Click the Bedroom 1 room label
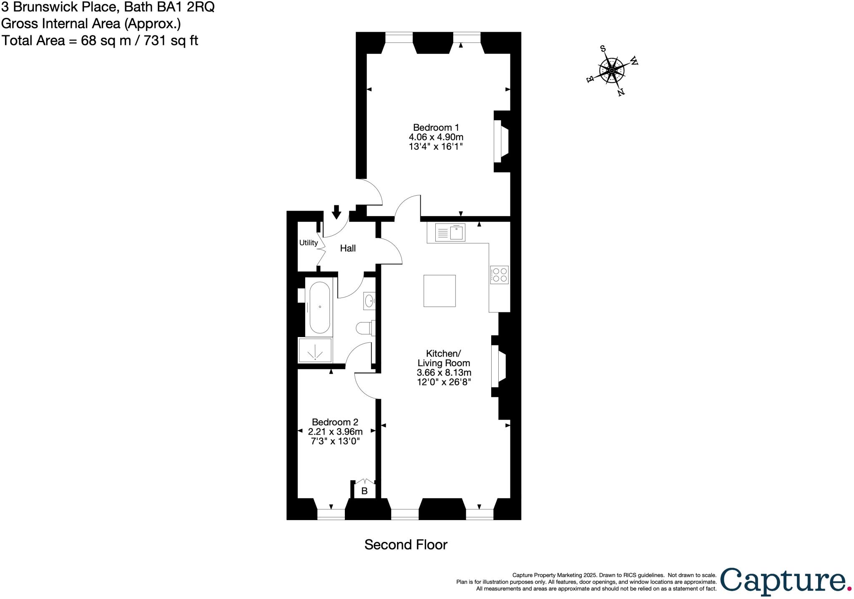(435, 127)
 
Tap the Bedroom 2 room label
(335, 422)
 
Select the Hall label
(348, 248)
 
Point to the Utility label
(309, 242)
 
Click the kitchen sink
(450, 232)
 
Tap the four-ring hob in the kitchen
(499, 275)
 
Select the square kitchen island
(440, 291)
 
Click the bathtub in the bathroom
(319, 307)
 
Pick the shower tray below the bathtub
(315, 350)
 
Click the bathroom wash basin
(369, 300)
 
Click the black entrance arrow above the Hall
(336, 211)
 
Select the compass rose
(612, 70)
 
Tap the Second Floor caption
(406, 544)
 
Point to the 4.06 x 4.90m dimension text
(436, 137)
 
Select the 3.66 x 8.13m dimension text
(444, 372)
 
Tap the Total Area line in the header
(100, 40)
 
